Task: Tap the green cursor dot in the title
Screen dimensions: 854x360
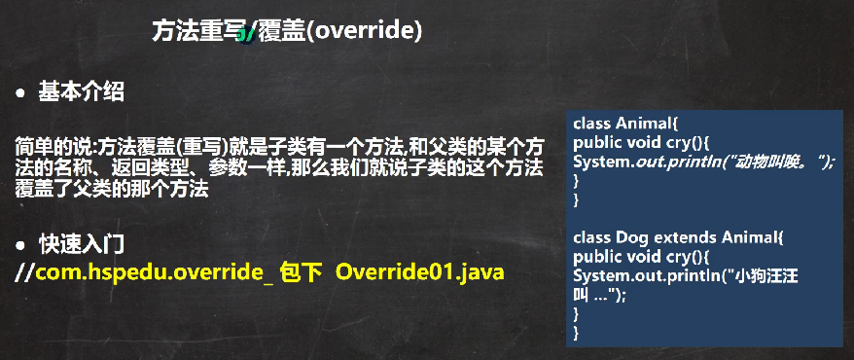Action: (x=244, y=35)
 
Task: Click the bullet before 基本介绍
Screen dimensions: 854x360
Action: (x=20, y=94)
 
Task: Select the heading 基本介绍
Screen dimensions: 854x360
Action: (x=81, y=92)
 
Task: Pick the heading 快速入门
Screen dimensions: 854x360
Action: (x=82, y=245)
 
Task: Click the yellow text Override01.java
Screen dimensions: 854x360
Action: (x=420, y=271)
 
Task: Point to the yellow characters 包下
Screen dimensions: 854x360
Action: (x=298, y=272)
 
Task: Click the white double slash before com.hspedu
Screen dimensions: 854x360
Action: (x=25, y=272)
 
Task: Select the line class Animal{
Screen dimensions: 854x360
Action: (x=625, y=124)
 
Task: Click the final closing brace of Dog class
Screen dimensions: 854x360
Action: (x=577, y=332)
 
